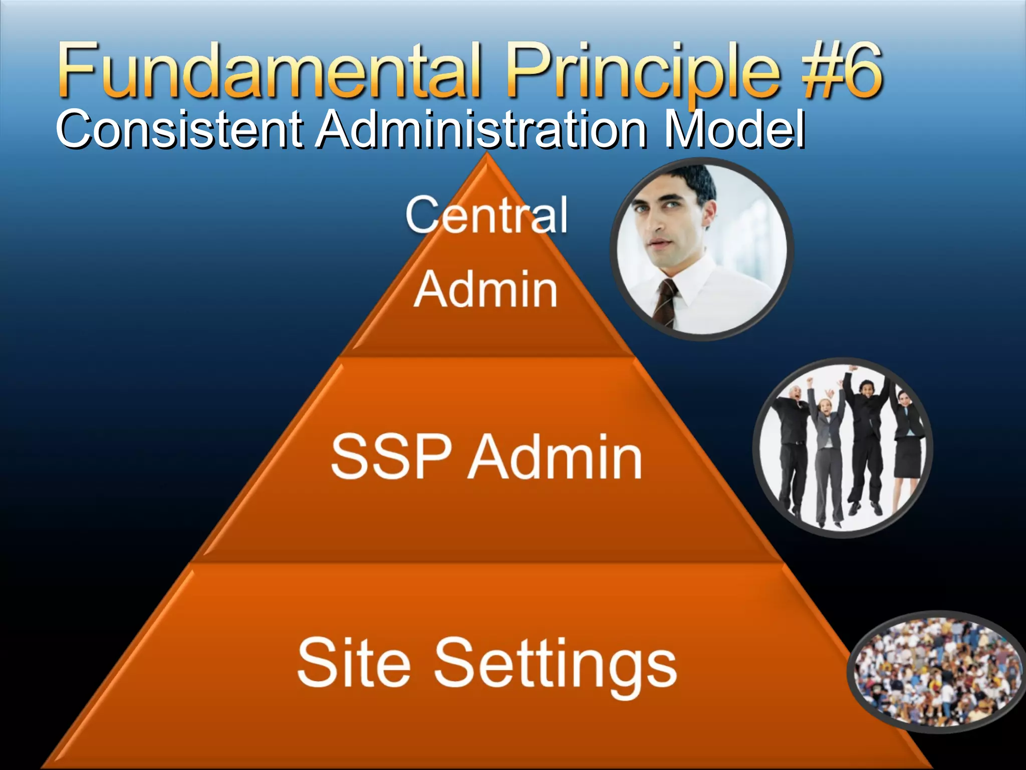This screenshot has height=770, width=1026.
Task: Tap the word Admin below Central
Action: click(x=485, y=290)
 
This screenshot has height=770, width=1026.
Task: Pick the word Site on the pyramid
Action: click(x=353, y=663)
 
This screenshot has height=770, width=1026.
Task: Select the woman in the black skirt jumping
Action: click(x=908, y=441)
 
